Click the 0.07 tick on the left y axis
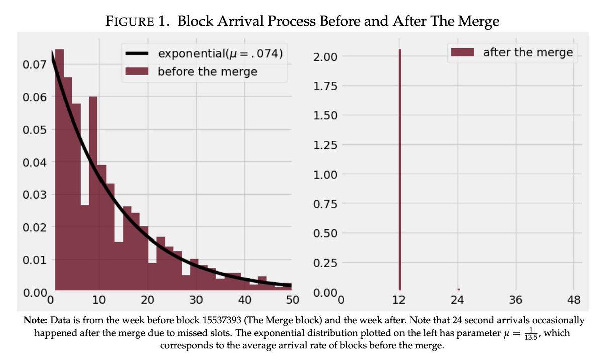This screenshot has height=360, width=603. [35, 65]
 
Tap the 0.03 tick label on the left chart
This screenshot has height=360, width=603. [35, 195]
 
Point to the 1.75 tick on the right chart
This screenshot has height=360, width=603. [325, 86]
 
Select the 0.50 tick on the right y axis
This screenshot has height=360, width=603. [325, 233]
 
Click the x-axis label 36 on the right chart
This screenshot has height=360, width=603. [515, 300]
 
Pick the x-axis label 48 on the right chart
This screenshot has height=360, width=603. [574, 300]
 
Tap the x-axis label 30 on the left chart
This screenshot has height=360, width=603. [196, 300]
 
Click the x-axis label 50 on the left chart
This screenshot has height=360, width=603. [292, 300]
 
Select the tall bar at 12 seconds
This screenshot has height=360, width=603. [400, 170]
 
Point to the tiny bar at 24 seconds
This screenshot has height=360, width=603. [458, 289]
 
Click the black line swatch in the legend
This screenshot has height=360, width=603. [137, 54]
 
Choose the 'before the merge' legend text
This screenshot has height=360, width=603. [207, 72]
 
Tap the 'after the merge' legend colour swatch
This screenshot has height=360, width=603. [462, 52]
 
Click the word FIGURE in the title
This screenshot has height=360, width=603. [130, 21]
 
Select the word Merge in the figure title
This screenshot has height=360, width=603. [478, 22]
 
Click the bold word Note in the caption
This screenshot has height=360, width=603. [35, 320]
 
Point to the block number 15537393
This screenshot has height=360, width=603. [221, 320]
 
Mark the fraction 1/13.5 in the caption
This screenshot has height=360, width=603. [531, 333]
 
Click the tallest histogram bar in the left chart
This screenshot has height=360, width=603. [59, 170]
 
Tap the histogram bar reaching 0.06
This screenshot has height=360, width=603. [93, 193]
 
